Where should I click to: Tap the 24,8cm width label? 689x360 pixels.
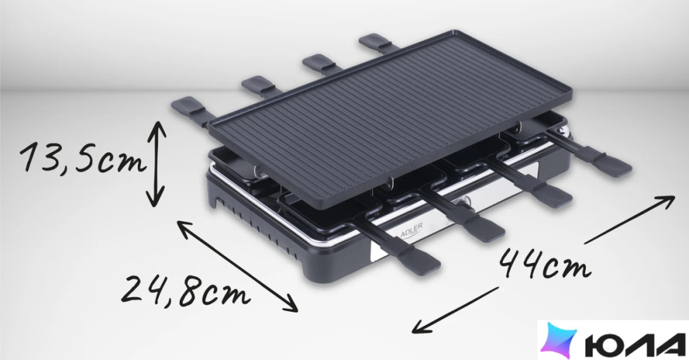[x=185, y=291]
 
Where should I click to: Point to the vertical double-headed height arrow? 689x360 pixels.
[x=156, y=164]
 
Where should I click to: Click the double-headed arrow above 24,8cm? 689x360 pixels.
[x=237, y=266]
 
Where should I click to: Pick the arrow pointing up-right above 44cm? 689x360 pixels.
[x=629, y=220]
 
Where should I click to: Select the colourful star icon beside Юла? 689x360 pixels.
[x=559, y=340]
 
